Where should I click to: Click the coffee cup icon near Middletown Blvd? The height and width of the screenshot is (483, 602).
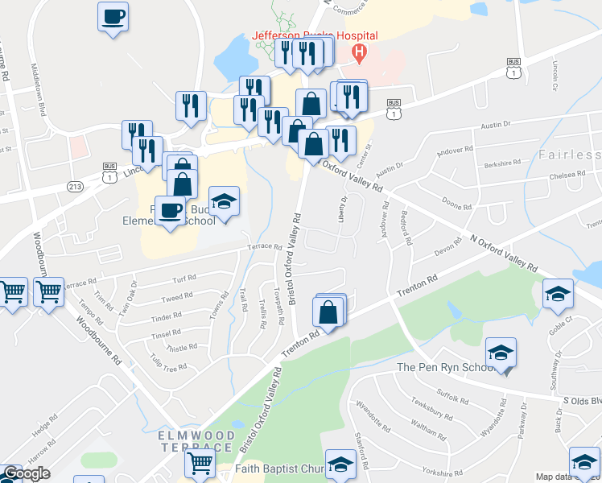point(113,16)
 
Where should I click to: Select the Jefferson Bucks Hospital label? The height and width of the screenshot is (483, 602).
point(315,36)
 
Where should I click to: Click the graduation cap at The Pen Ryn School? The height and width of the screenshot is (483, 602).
point(501,352)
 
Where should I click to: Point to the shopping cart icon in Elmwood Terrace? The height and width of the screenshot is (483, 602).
point(199,463)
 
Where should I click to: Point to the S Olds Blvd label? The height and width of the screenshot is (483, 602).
point(581,400)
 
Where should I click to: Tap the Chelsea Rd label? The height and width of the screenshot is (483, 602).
point(567,175)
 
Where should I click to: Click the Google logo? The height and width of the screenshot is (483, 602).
point(26,473)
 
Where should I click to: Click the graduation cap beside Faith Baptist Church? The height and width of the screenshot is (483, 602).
point(342,465)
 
